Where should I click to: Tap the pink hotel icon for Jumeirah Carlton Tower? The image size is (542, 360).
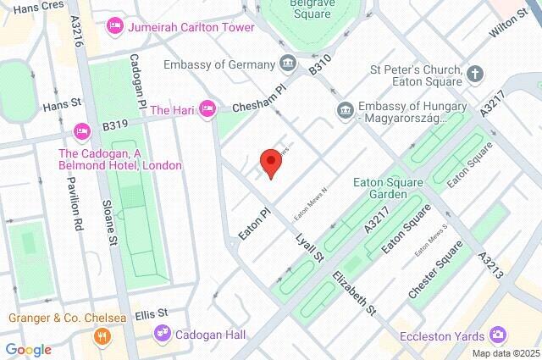click(x=114, y=27)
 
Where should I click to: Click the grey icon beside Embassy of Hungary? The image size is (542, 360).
click(x=345, y=109)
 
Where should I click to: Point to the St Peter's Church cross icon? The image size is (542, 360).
click(x=475, y=73)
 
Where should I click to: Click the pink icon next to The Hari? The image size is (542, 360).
click(x=207, y=111)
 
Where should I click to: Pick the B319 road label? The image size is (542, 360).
click(x=116, y=125)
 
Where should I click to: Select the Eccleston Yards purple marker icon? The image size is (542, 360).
click(x=499, y=335)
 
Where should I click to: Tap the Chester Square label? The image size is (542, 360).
click(x=435, y=269)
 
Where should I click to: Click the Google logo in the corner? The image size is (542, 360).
click(x=28, y=349)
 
